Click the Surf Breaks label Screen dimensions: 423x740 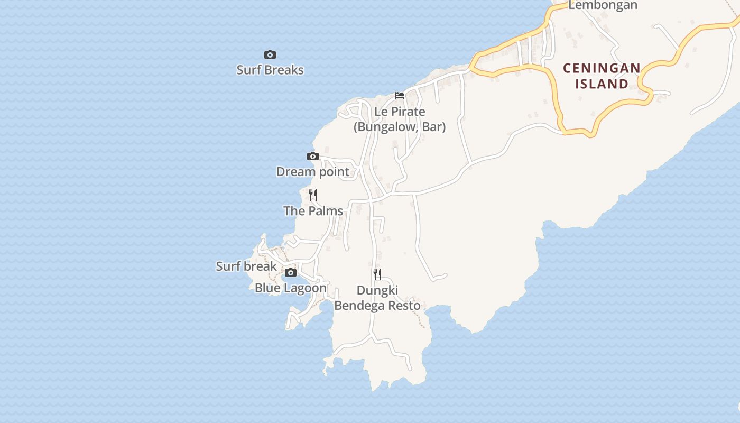[270, 70]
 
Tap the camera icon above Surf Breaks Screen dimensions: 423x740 [270, 54]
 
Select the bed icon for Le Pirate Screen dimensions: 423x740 [400, 96]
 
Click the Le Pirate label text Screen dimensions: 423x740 [400, 112]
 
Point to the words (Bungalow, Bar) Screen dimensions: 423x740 [400, 127]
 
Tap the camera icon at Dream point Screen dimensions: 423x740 [313, 156]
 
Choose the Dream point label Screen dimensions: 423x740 [313, 172]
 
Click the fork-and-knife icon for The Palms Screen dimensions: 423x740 [313, 195]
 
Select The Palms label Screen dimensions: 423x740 [313, 211]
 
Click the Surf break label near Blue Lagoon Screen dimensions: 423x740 [246, 266]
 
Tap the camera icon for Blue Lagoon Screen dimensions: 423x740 [291, 273]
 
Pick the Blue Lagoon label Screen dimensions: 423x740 [291, 288]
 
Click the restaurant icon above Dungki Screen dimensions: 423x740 [377, 274]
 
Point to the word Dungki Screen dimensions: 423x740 [377, 290]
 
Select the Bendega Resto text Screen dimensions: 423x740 [377, 306]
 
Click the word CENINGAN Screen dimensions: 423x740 [602, 68]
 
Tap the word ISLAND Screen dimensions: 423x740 [602, 84]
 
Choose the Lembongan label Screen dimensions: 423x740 [603, 5]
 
